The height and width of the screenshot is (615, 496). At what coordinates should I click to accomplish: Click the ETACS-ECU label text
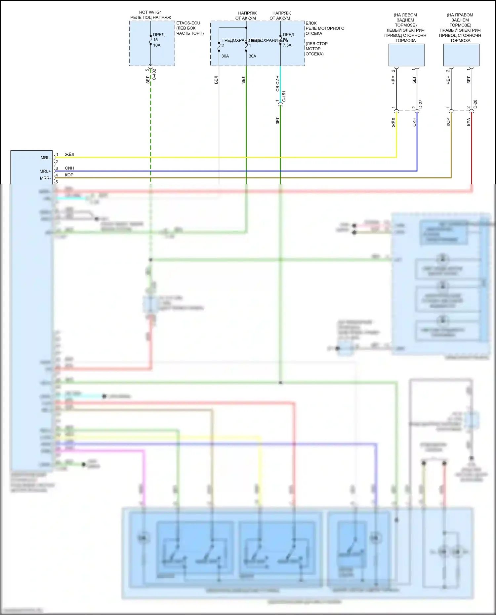point(188,23)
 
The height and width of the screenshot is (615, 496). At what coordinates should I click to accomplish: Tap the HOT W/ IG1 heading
point(150,12)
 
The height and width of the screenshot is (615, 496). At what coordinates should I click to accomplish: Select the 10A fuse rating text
point(157,45)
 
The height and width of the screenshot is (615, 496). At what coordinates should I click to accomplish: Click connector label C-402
point(154,74)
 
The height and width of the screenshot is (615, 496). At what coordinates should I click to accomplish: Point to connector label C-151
point(284,96)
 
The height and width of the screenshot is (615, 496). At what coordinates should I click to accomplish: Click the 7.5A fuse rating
point(287,45)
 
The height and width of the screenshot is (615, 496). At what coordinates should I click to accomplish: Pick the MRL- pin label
point(46,158)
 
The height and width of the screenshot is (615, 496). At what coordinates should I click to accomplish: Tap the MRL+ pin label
point(45,171)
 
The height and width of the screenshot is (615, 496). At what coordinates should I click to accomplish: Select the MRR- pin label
point(45,178)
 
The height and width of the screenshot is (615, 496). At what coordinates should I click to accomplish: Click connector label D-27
point(421,104)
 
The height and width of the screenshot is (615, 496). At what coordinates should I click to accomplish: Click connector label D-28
point(475,104)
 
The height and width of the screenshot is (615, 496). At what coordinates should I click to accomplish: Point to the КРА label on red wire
point(469,122)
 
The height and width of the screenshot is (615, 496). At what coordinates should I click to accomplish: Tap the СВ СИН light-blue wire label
point(277,84)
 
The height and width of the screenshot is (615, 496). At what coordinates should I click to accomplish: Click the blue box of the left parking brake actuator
point(406,55)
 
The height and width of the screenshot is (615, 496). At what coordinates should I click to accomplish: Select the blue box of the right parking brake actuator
point(461,55)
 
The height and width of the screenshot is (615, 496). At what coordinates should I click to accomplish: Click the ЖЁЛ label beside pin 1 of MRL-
point(69,154)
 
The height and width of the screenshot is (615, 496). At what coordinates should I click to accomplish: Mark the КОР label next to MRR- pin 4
point(69,175)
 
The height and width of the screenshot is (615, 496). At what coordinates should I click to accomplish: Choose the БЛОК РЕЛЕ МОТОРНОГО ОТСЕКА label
point(325,28)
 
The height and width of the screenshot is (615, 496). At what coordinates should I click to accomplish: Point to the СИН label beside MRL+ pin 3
point(69,168)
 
